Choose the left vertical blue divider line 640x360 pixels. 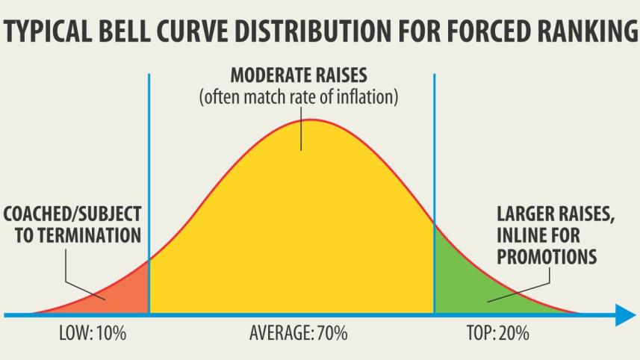pyautogui.click(x=149, y=187)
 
